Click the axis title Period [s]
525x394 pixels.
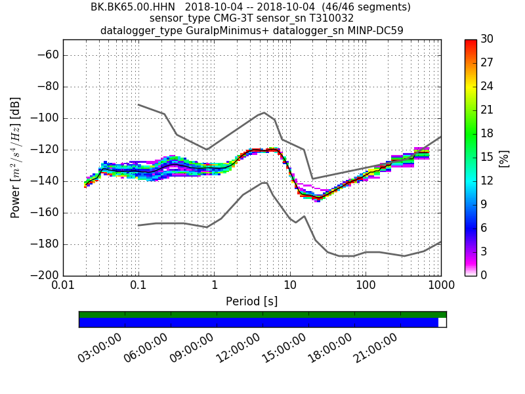click(251, 301)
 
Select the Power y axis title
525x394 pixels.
click(16, 158)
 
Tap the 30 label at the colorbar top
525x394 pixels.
click(488, 39)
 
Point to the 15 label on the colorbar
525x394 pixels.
click(488, 157)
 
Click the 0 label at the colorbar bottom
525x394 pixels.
click(484, 275)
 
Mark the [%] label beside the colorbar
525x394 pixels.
click(504, 158)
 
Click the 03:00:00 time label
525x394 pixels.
click(100, 348)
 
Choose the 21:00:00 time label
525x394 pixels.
click(375, 348)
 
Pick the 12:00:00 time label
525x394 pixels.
click(238, 348)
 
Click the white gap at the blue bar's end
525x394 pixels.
click(442, 322)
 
